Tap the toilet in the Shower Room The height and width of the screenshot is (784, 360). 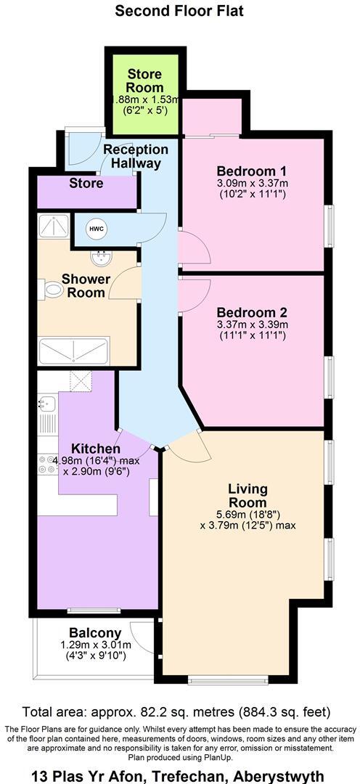pos(53,290)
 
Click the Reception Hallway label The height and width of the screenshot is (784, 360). pos(136,156)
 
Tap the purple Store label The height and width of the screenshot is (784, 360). pos(86,184)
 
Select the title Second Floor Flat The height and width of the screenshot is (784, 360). pos(179,11)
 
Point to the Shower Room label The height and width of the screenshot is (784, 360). pos(86,286)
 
